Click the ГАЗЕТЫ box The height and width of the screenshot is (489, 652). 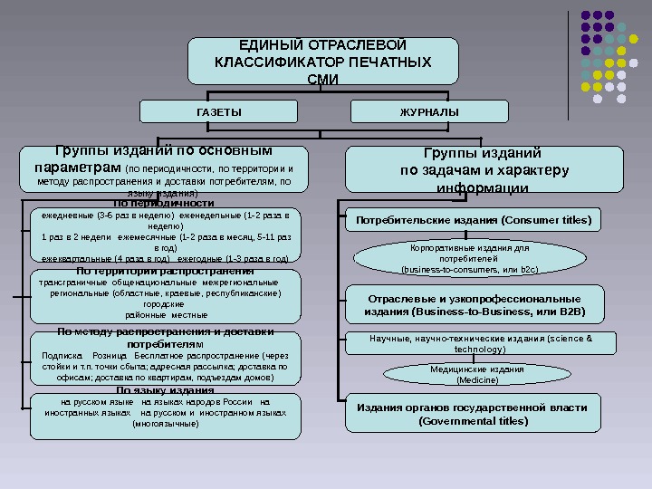[219, 111]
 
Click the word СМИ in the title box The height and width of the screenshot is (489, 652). [323, 79]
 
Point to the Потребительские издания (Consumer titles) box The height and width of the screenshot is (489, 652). [473, 220]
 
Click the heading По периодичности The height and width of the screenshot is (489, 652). [164, 203]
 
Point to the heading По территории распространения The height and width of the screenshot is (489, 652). [165, 271]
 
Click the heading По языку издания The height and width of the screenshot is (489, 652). [165, 390]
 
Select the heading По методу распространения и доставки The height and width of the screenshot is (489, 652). [165, 332]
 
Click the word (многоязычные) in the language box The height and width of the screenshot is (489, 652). [165, 423]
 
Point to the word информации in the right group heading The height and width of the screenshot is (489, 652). [483, 188]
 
